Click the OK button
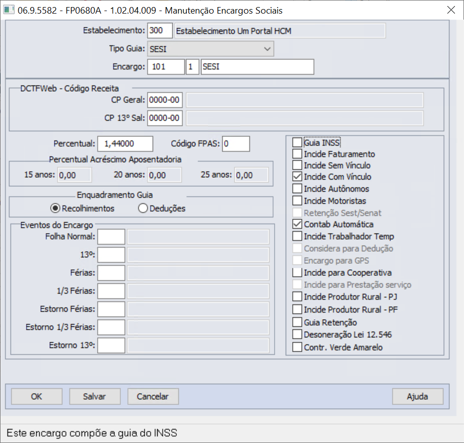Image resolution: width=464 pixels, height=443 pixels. coord(37,396)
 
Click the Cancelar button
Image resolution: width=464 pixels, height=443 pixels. coord(153,396)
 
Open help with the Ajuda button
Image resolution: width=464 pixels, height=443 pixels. coord(418,396)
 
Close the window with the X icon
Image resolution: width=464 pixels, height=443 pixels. coord(451,10)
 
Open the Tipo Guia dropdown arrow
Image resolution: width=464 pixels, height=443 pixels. coord(267,49)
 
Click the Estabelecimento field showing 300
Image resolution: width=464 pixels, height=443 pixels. coord(160,31)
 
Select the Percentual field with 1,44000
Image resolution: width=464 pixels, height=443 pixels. coord(125,144)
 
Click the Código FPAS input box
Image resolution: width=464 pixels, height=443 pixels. coord(236,144)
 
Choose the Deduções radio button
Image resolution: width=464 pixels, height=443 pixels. coord(143,208)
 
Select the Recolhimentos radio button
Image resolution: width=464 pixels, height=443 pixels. coord(55,208)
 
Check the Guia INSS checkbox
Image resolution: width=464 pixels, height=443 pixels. coord(297,142)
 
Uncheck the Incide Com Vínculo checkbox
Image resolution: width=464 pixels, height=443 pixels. coord(297,177)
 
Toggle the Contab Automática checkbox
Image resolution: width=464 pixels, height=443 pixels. coord(297,224)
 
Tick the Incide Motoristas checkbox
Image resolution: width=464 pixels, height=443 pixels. coord(297,200)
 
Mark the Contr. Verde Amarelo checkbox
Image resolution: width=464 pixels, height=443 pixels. coord(297,347)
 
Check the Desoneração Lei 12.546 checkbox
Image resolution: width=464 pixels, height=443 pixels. coord(297,334)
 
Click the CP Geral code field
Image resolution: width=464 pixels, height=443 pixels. coord(165,100)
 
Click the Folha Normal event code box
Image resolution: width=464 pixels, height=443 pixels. coord(111,237)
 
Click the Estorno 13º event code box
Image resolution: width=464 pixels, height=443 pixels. coord(111,345)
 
